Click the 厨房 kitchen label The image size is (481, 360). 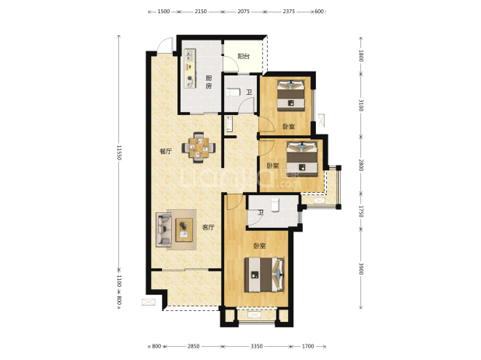tap(209, 82)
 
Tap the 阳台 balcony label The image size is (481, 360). tap(244, 57)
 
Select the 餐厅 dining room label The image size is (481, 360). tap(166, 152)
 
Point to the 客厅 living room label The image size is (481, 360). tap(209, 227)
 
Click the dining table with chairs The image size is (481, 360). tap(198, 148)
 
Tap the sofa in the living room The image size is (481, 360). tap(163, 229)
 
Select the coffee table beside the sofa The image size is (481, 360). tap(184, 230)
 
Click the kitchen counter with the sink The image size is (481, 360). tap(190, 68)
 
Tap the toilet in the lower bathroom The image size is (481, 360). tap(276, 204)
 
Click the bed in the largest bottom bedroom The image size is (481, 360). tap(264, 274)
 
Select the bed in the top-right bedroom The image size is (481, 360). tap(291, 96)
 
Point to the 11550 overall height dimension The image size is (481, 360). tap(119, 152)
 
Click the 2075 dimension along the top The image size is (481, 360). tap(244, 12)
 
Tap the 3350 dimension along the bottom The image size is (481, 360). tap(257, 346)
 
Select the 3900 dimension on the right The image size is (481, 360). tap(361, 268)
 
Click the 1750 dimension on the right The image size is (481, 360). tap(361, 211)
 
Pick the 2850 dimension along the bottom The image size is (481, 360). tap(194, 346)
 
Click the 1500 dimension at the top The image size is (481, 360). tap(163, 12)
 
